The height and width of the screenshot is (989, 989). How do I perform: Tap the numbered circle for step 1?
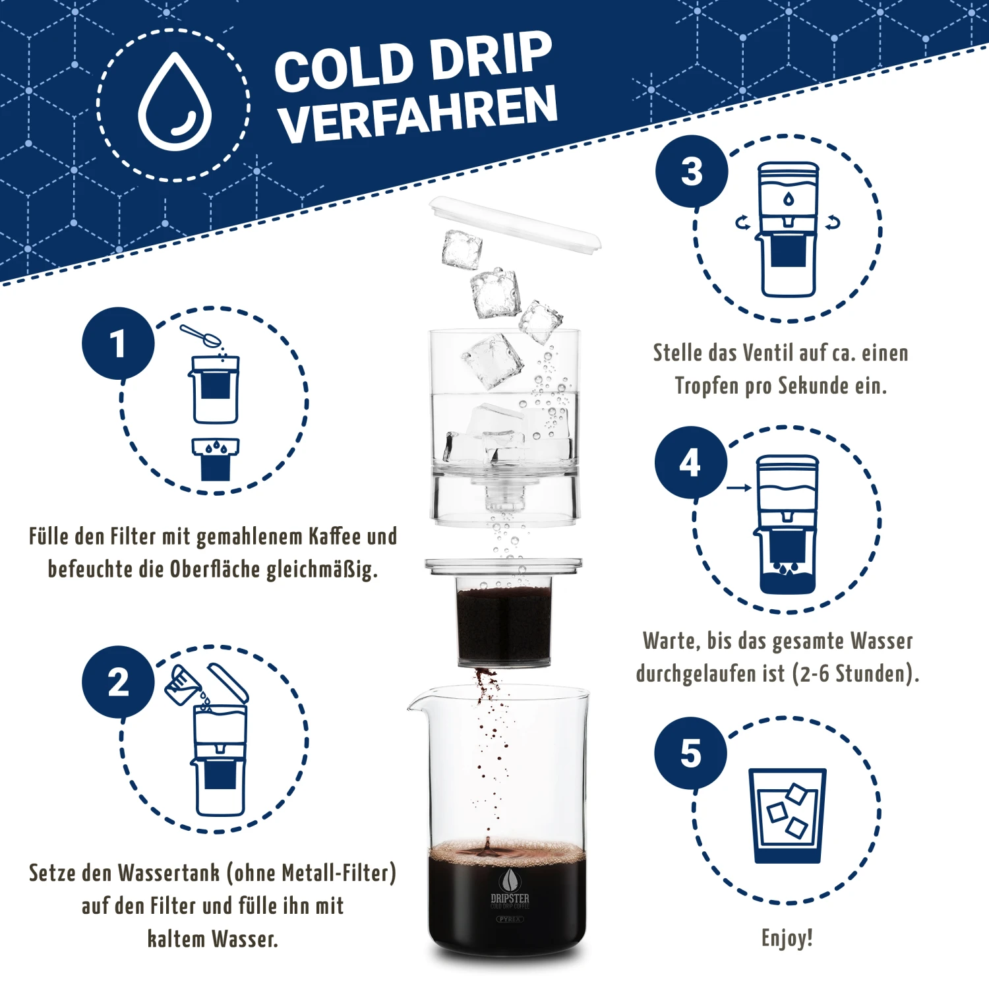point(118,344)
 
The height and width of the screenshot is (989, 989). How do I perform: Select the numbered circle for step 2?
point(118,682)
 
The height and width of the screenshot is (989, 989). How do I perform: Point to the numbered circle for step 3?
point(692,171)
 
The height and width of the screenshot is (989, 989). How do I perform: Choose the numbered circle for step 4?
point(691,462)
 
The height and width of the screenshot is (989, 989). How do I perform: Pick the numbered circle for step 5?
point(691,753)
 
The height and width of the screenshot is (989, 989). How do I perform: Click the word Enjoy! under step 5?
point(787,938)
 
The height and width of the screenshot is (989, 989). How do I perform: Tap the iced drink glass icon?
point(787,816)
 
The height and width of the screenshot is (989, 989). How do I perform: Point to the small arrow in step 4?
point(739,488)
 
